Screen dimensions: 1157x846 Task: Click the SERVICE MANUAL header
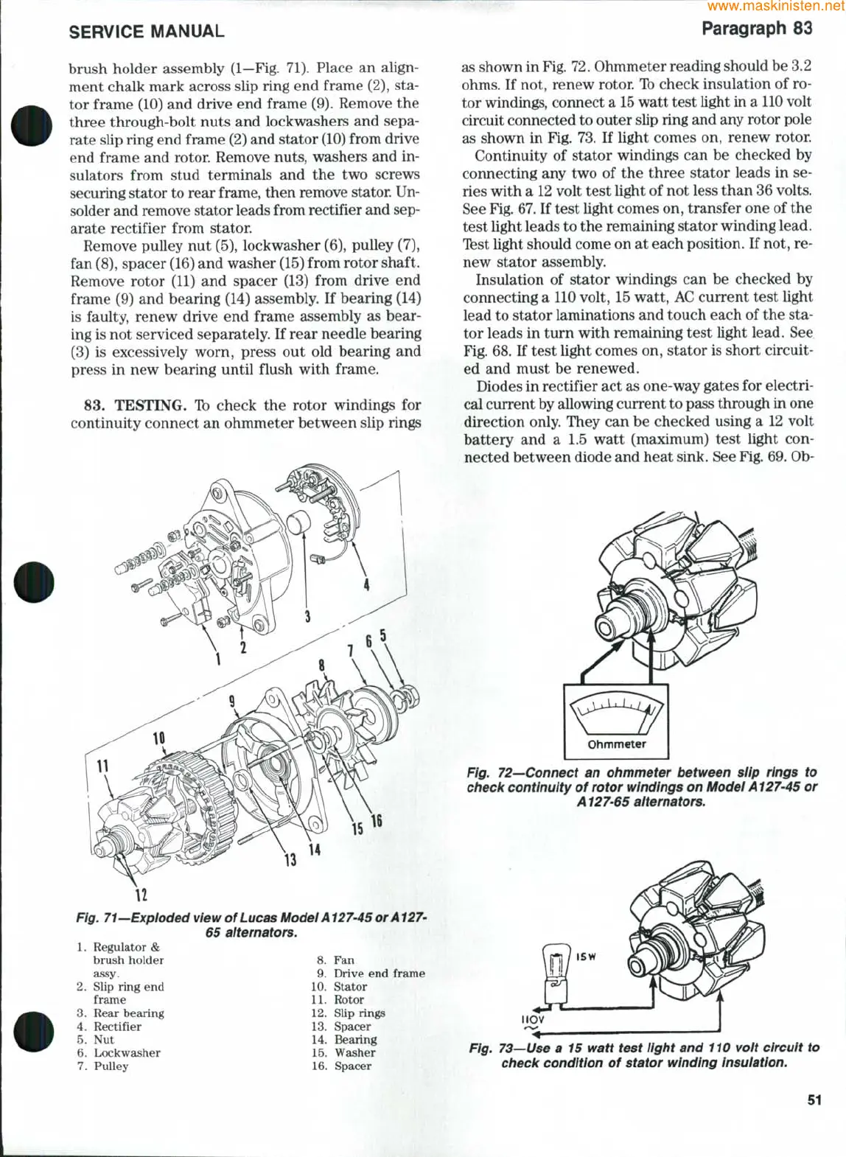[x=146, y=32]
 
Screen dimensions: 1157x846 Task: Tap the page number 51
[x=814, y=1100]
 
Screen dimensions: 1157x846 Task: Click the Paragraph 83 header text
[x=757, y=29]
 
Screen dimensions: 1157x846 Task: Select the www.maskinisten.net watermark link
[x=775, y=7]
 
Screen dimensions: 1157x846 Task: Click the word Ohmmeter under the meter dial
[x=616, y=744]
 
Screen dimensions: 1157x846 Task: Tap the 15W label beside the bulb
[x=586, y=957]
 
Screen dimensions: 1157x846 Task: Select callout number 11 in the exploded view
[x=102, y=766]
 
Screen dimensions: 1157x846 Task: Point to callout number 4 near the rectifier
[x=366, y=585]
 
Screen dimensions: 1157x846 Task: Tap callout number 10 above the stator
[x=158, y=738]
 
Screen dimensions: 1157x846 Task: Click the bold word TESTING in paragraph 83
[x=150, y=405]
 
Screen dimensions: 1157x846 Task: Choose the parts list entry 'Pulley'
[x=111, y=1066]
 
